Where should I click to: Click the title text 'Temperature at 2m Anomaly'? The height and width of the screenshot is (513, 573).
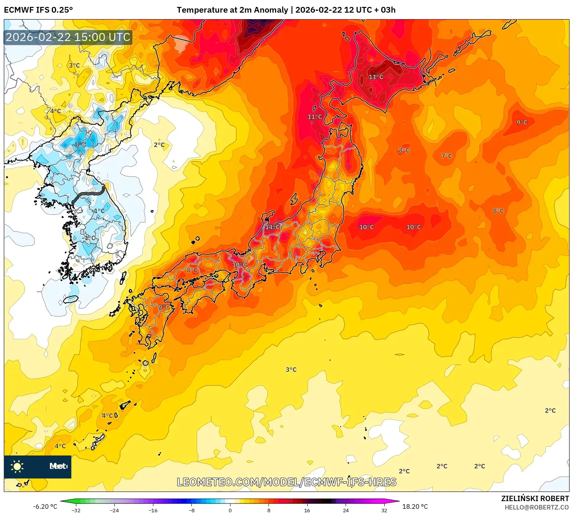[232, 10]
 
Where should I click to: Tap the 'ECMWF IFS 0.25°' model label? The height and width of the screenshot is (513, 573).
[38, 10]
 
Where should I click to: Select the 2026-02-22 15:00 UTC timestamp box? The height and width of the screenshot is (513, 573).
[68, 38]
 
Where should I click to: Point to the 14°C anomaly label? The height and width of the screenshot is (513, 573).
[272, 227]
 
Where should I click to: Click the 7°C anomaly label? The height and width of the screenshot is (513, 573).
[446, 156]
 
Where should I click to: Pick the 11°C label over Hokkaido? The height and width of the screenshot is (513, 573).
[376, 77]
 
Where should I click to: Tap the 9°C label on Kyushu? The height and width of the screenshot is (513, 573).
[164, 307]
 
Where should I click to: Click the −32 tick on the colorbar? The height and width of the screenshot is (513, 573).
[76, 510]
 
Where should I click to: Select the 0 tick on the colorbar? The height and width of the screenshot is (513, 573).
[230, 510]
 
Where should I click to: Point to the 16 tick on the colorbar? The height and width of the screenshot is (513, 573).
[307, 510]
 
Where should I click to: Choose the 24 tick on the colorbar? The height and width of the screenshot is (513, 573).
[346, 510]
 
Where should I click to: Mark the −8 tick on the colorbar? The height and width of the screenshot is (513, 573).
[192, 510]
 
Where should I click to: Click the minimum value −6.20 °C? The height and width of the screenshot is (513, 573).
[45, 506]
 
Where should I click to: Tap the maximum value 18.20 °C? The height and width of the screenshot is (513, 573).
[415, 506]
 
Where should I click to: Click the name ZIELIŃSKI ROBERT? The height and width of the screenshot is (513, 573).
[535, 498]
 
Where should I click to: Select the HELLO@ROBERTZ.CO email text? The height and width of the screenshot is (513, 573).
[537, 507]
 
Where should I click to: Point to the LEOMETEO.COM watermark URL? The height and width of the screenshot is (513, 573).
[286, 482]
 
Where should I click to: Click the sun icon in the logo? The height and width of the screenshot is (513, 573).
[17, 467]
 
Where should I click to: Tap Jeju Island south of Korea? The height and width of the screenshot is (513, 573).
[71, 299]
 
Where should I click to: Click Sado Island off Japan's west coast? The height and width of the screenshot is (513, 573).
[294, 199]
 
